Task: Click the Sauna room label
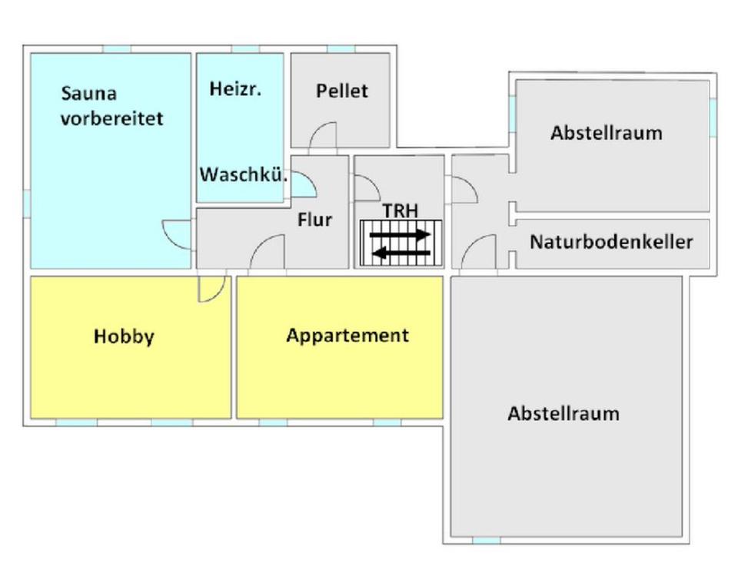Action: [x=89, y=94]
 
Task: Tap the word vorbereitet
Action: [x=112, y=120]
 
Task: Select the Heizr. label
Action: [x=235, y=89]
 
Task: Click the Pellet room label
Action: [x=342, y=91]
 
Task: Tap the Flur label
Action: [x=314, y=220]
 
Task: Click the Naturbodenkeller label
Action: [x=611, y=242]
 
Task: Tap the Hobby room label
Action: [x=124, y=336]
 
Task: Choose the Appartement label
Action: [x=347, y=336]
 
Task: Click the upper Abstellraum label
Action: [x=606, y=133]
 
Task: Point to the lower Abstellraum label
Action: [x=563, y=413]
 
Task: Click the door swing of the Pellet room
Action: [x=323, y=135]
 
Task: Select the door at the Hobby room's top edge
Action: [x=211, y=288]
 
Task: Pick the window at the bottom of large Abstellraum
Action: [x=486, y=540]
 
